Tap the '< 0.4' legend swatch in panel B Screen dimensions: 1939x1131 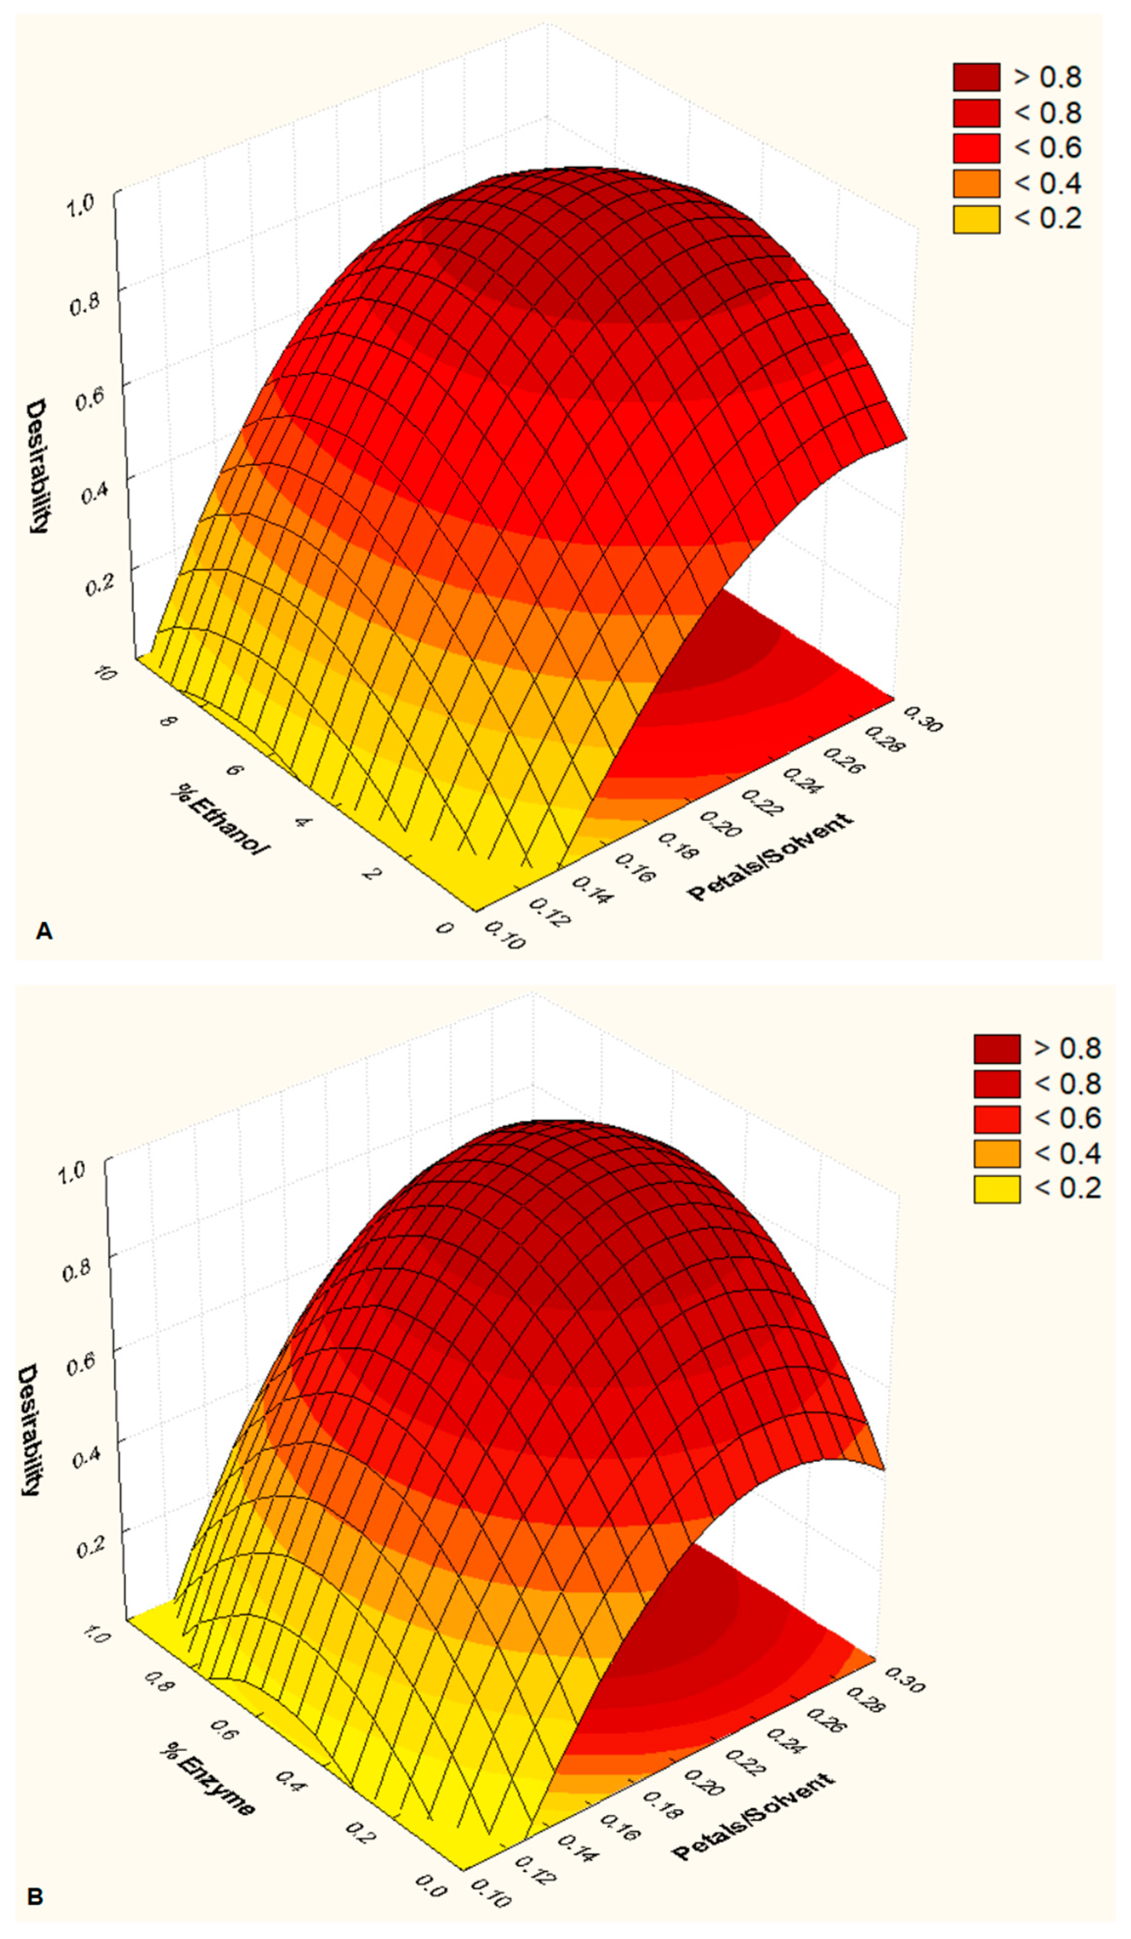click(996, 1153)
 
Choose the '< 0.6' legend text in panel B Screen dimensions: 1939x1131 click(1068, 1118)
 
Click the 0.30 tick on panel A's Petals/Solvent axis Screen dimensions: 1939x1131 click(922, 719)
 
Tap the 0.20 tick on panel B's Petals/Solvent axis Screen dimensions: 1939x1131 click(704, 1782)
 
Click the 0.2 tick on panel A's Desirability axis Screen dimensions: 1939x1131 click(98, 584)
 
